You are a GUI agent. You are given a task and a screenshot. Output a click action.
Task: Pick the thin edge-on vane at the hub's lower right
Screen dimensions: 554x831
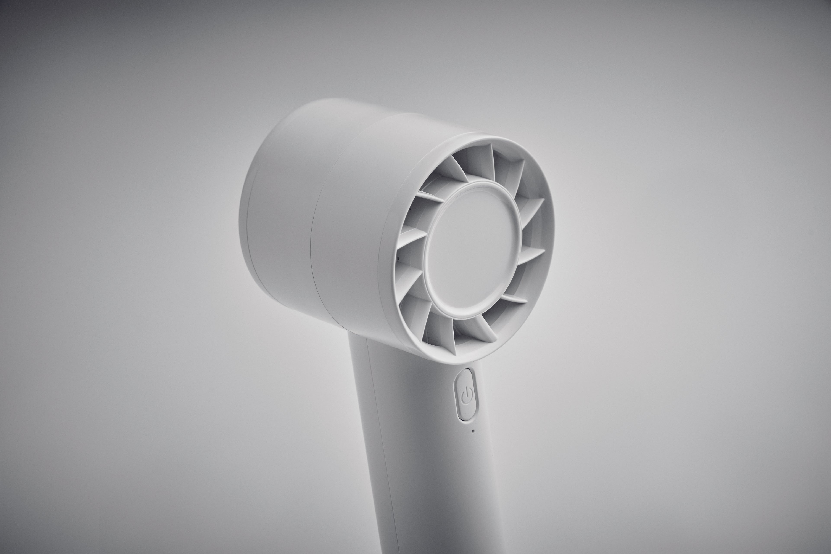pos(514,299)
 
